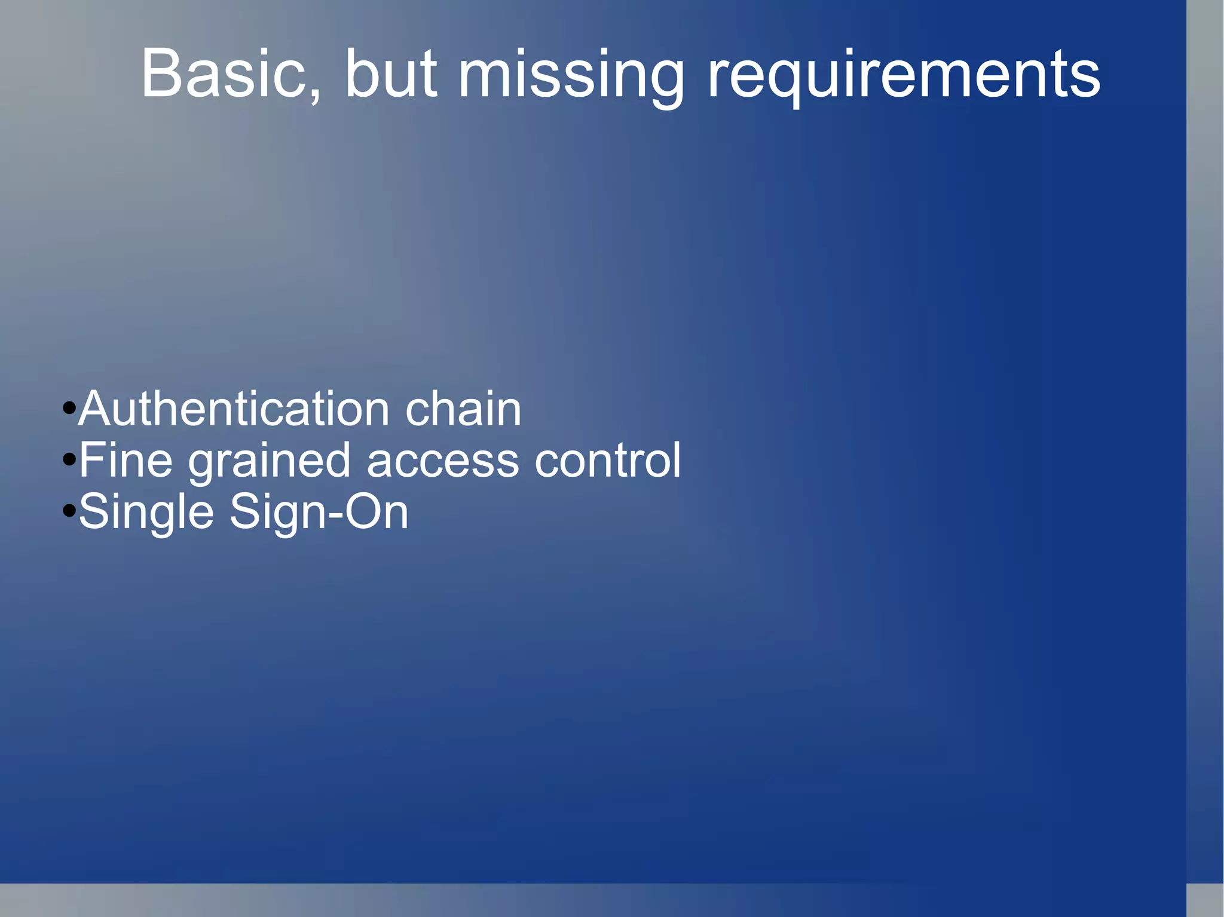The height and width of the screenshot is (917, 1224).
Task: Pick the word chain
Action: tap(463, 409)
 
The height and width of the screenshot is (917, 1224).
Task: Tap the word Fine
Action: tap(126, 461)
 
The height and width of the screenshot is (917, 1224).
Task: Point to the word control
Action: tap(608, 461)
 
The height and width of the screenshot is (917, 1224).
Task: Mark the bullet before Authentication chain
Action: tap(69, 410)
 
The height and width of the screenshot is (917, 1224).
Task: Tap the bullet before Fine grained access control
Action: tap(69, 461)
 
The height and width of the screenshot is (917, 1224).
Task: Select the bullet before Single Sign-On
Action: tap(69, 511)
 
